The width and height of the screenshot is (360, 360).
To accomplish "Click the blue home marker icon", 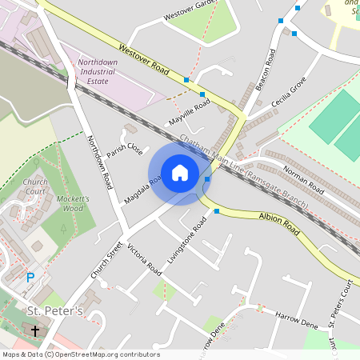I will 180,173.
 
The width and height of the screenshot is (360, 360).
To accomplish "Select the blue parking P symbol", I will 30,278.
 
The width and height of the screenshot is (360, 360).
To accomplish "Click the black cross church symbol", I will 34,330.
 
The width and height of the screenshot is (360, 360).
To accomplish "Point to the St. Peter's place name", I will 55,310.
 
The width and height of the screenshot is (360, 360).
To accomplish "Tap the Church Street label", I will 106,260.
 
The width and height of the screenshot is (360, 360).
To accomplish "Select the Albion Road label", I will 278,223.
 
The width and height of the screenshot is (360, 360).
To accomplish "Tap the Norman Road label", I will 304,180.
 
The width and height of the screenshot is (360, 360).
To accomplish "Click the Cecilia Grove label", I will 289,97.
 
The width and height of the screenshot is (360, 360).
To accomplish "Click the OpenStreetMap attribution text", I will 81,354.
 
